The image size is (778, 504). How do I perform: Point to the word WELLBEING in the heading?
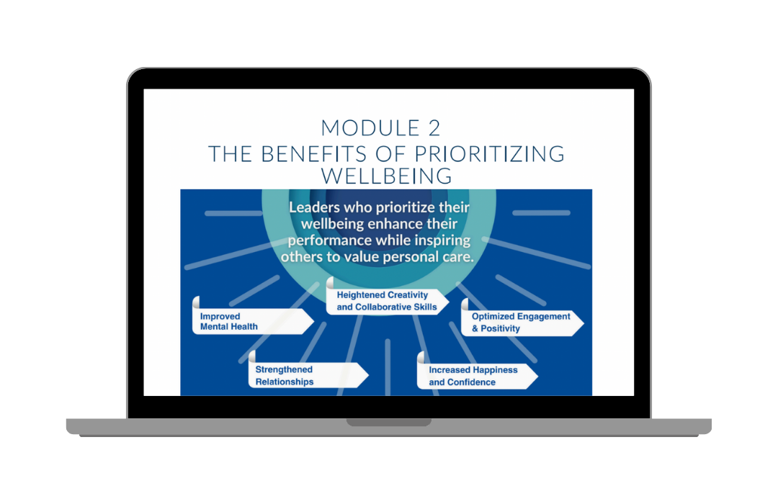(x=387, y=176)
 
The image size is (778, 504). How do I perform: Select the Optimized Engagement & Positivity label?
(x=520, y=322)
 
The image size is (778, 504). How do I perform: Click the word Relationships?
(x=285, y=382)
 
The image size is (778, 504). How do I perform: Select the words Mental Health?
(x=229, y=327)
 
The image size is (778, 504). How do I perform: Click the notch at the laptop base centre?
(x=389, y=422)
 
